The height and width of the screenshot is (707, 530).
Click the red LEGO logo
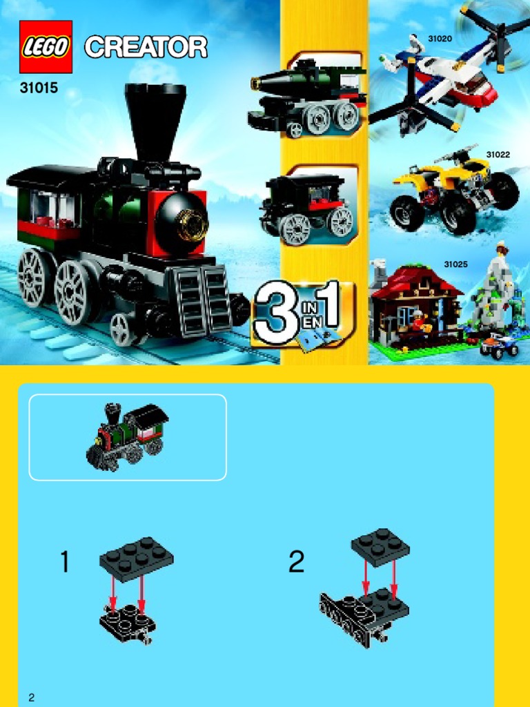[46, 47]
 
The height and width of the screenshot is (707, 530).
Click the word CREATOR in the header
[146, 48]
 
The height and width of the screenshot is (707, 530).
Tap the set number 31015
[39, 88]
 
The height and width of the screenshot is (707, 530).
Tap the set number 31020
[440, 39]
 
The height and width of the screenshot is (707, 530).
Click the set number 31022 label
[498, 155]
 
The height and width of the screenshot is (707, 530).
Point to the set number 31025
[455, 264]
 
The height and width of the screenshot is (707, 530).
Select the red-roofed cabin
[415, 304]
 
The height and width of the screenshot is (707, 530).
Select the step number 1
[65, 563]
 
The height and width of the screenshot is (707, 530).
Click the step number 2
[296, 563]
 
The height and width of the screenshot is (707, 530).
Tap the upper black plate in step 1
[137, 559]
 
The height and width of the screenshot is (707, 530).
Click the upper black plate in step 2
[380, 547]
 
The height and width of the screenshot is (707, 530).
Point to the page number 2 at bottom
[32, 697]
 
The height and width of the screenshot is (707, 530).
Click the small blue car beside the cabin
[499, 345]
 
